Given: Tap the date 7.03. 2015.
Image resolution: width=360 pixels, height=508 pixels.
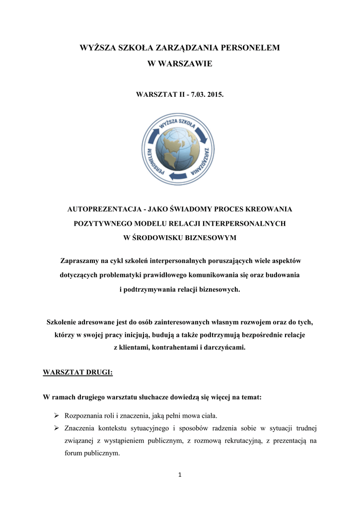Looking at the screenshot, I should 201,93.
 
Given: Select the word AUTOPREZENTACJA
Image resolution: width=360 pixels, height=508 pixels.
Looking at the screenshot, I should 98,209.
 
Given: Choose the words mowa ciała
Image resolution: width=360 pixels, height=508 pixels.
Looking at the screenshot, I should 201,415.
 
